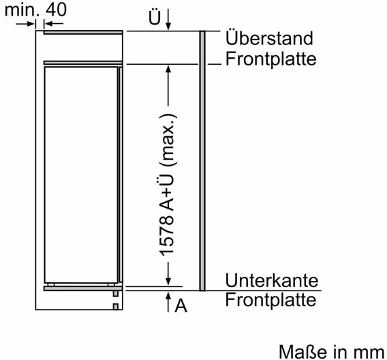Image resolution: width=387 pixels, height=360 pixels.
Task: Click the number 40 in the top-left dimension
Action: pyautogui.click(x=57, y=10)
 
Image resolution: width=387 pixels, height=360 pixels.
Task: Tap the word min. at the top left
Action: pyautogui.click(x=22, y=10)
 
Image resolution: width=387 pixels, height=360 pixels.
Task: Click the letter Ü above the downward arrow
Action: pyautogui.click(x=155, y=17)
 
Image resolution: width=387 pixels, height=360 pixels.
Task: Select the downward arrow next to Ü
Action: pyautogui.click(x=168, y=19)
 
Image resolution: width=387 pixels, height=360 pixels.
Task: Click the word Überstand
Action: pyautogui.click(x=269, y=38)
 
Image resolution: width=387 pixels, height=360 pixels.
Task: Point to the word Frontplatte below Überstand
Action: pyautogui.click(x=270, y=59)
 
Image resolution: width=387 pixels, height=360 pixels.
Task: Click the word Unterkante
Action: pyautogui.click(x=272, y=280)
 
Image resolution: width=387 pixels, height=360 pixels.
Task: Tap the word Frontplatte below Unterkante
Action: pyautogui.click(x=270, y=300)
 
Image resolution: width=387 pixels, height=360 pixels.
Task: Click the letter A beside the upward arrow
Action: pyautogui.click(x=181, y=306)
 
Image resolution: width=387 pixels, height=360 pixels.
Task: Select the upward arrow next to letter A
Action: pyautogui.click(x=168, y=302)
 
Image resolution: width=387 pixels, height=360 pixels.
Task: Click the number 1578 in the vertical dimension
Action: pyautogui.click(x=167, y=236)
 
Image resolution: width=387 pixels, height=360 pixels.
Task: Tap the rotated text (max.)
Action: pyautogui.click(x=168, y=140)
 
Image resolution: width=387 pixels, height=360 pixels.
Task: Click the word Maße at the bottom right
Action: pyautogui.click(x=304, y=352)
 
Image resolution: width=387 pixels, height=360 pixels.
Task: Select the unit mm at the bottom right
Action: pyautogui.click(x=369, y=353)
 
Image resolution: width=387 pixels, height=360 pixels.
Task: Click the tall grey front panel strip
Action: pyautogui.click(x=202, y=161)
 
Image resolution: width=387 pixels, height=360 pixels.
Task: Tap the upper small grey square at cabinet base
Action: pyautogui.click(x=116, y=294)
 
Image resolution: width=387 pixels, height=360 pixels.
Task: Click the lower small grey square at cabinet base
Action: pyautogui.click(x=116, y=307)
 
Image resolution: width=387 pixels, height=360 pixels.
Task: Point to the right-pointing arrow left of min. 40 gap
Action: pyautogui.click(x=25, y=24)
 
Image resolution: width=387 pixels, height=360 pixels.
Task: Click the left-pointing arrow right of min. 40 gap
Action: pyautogui.click(x=54, y=24)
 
